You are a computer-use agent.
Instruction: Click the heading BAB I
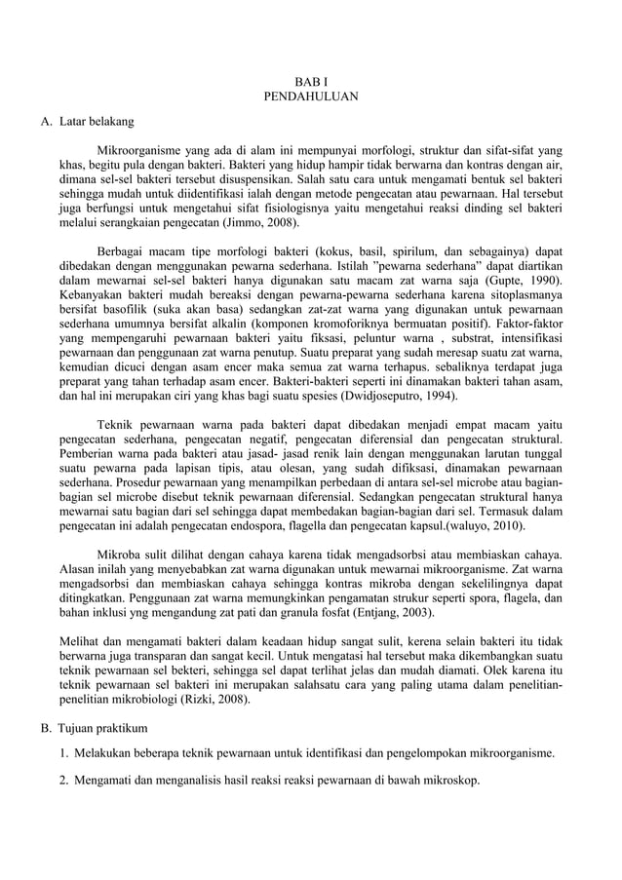(x=311, y=81)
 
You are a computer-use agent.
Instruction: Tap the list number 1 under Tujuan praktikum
(x=62, y=753)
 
